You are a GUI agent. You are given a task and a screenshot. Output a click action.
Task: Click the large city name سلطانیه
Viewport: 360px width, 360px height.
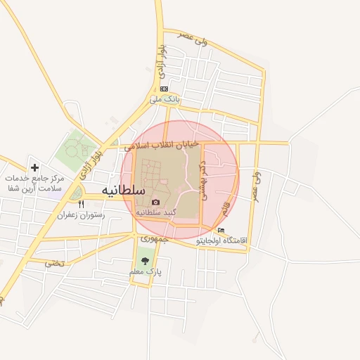(x=123, y=191)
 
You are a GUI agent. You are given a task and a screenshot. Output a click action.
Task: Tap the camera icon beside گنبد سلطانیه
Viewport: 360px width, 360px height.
(x=156, y=202)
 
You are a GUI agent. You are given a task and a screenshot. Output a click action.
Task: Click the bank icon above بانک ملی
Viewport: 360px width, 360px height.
(x=164, y=89)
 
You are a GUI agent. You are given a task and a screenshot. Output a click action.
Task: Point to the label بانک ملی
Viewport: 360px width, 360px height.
(x=165, y=99)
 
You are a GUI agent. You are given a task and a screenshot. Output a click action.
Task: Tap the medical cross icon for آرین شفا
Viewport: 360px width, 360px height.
(x=34, y=168)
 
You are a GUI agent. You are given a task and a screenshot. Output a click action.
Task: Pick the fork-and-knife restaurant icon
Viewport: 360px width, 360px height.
(x=80, y=204)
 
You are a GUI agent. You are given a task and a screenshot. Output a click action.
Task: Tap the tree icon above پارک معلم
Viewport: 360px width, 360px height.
(x=145, y=261)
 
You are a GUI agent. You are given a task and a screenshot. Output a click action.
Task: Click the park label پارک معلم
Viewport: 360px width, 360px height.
(x=146, y=271)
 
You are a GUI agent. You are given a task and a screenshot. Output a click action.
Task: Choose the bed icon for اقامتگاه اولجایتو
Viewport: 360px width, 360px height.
(x=222, y=231)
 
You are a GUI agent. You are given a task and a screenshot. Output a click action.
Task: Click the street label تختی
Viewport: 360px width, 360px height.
(x=54, y=263)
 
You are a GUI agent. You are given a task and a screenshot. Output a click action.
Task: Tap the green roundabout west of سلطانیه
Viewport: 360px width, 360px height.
(x=75, y=192)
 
